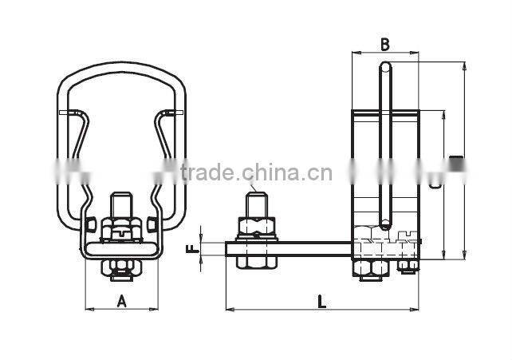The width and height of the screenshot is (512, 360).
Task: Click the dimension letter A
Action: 121,301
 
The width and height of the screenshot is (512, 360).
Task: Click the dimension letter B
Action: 384,45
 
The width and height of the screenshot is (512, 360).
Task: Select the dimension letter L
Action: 321,301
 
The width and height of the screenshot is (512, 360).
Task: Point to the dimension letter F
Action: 191,249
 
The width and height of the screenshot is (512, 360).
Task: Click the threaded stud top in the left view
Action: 121,200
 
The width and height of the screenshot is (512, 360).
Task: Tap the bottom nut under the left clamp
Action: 121,272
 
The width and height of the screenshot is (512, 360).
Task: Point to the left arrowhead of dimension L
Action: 230,308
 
